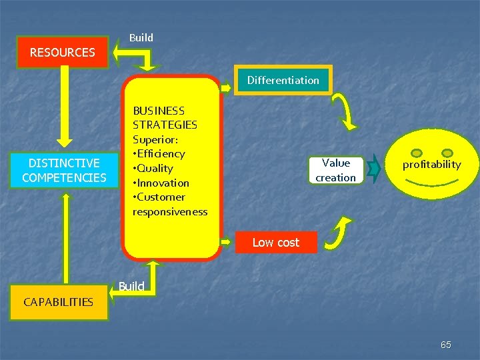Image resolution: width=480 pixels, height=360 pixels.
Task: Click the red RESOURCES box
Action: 63,52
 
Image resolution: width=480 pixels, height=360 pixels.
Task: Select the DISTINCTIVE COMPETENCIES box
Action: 64,170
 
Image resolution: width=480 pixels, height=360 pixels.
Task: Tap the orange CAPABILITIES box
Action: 58,302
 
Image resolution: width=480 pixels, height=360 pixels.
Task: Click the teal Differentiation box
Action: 283,80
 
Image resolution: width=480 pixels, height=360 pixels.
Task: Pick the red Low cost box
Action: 275,243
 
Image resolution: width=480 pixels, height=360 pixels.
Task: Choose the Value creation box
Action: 335,170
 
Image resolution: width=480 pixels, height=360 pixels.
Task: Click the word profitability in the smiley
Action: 431,165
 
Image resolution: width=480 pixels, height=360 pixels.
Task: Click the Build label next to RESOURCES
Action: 141,38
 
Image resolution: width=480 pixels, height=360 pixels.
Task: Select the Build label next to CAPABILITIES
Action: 131,287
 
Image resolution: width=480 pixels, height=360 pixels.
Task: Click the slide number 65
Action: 446,345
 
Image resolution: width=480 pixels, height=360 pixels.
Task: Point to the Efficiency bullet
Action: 160,154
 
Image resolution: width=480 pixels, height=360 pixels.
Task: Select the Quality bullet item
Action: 155,169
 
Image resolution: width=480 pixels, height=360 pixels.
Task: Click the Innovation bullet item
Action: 162,183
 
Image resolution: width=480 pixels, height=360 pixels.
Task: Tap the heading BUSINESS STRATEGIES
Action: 165,117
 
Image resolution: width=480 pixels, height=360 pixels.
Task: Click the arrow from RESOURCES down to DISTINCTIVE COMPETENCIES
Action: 63,107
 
